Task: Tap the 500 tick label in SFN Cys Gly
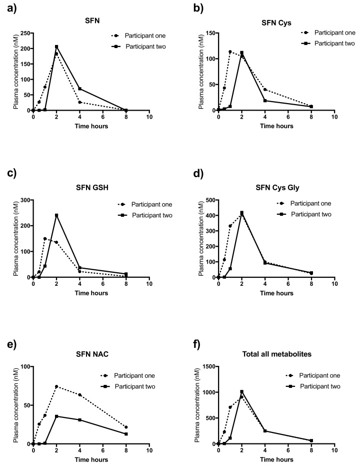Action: click(210, 200)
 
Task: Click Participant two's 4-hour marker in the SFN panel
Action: click(79, 89)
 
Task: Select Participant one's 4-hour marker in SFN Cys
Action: click(264, 90)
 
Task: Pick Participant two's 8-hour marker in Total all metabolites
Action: click(311, 440)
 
